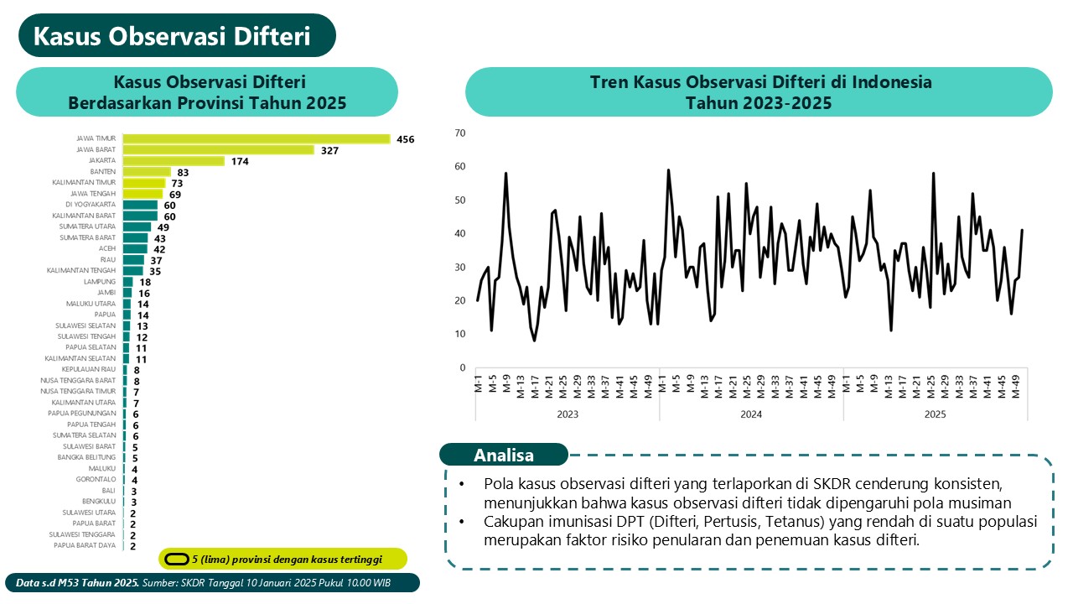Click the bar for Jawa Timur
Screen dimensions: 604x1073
point(257,139)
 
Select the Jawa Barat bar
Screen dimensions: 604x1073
point(218,150)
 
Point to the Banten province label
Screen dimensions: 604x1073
point(103,172)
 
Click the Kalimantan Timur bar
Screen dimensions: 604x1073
point(144,183)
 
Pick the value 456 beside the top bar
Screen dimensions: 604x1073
point(406,139)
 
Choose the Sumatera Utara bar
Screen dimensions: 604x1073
point(137,226)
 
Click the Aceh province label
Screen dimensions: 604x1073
point(107,249)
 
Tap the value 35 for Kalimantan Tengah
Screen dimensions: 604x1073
point(154,271)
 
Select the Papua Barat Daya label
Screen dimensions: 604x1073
point(85,545)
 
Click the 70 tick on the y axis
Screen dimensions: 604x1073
point(459,133)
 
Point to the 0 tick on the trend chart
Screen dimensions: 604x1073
point(461,367)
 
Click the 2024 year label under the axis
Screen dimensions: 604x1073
point(751,414)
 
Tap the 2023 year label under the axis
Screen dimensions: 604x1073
point(567,414)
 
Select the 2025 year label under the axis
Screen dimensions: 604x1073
point(935,414)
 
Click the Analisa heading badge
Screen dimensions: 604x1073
point(504,456)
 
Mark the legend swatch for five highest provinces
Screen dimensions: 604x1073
point(175,559)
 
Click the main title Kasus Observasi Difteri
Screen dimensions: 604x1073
point(172,37)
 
